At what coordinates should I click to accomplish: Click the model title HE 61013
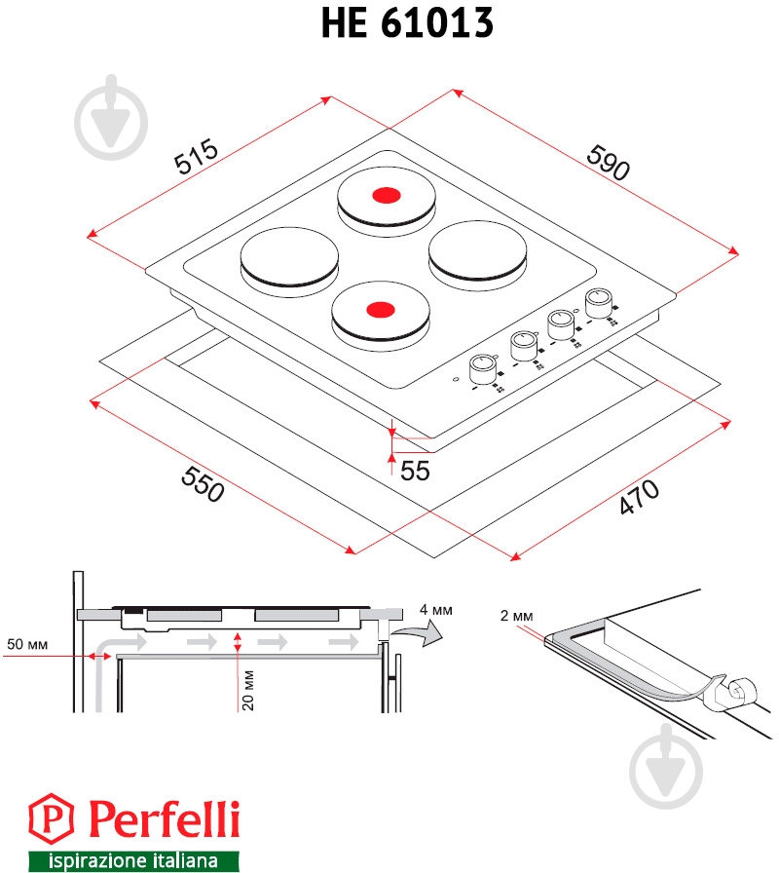[406, 23]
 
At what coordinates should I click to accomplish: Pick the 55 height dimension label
[415, 471]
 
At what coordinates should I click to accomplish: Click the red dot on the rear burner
[386, 195]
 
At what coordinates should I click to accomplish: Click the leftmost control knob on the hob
[482, 369]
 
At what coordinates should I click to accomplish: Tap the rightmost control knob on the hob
[598, 299]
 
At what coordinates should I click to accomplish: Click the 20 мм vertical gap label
[248, 691]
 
